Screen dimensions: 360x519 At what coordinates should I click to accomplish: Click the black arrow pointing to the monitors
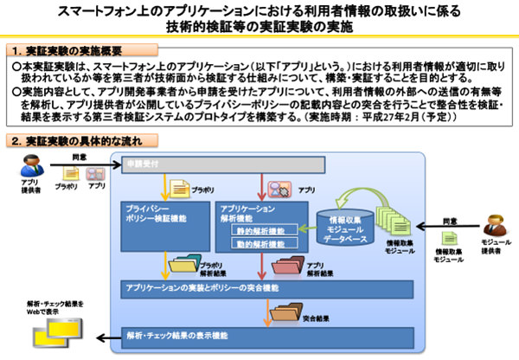[x=104, y=336]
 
